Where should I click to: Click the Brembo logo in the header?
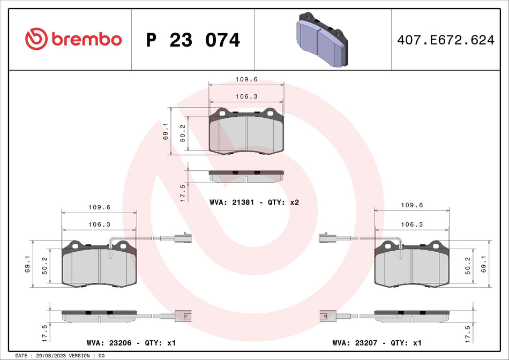click(73, 39)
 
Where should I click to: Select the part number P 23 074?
click(193, 40)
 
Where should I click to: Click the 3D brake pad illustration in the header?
click(321, 39)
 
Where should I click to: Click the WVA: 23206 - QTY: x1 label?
click(131, 342)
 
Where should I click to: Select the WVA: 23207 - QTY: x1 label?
click(377, 342)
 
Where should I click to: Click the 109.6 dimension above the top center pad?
click(246, 79)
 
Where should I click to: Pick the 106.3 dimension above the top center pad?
click(246, 96)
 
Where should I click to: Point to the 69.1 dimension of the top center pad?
click(166, 131)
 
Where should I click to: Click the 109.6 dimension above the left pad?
click(99, 207)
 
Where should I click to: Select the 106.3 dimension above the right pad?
click(412, 224)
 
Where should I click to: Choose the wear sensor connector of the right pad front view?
click(326, 238)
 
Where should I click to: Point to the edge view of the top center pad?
click(246, 175)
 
